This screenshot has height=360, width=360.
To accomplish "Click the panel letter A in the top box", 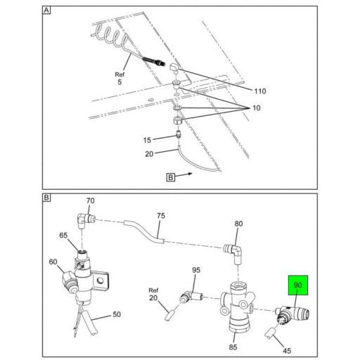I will click(46, 11).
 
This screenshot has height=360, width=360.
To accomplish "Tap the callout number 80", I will click(238, 224).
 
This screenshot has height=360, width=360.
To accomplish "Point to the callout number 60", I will click(53, 262).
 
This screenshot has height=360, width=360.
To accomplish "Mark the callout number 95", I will click(196, 270).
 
